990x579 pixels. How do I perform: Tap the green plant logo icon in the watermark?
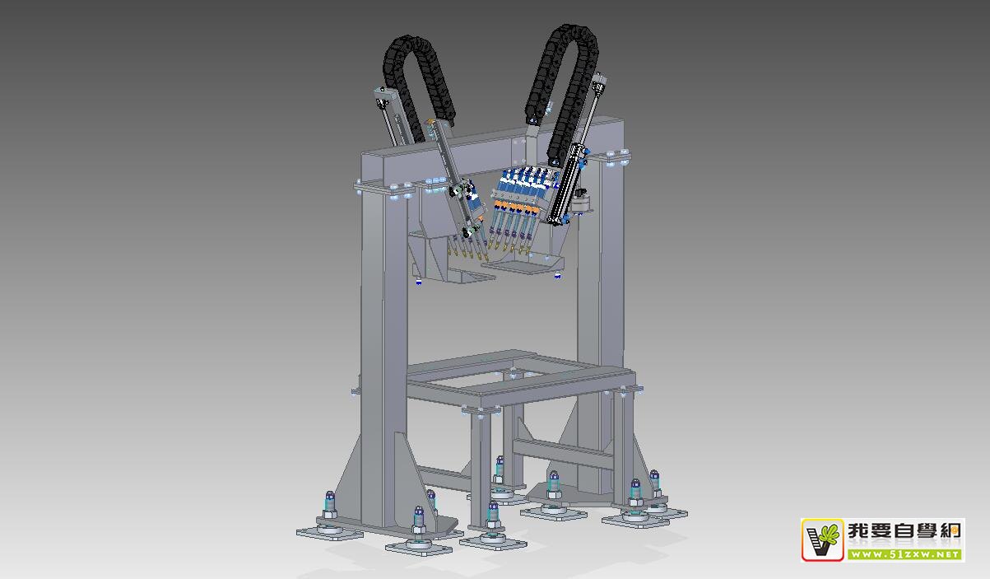click(x=822, y=539)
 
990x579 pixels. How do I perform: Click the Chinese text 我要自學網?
click(x=904, y=530)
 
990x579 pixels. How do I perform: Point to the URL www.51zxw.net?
click(x=904, y=554)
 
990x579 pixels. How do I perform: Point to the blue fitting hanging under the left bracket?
click(x=419, y=282)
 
